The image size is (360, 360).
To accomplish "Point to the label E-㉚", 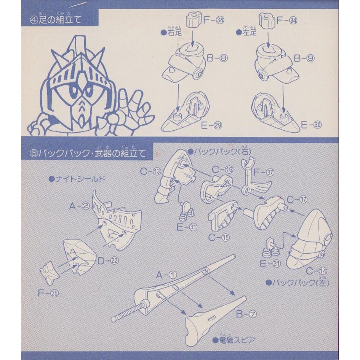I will (309, 124).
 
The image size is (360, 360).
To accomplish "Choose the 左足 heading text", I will (249, 32).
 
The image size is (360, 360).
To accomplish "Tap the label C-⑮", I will (220, 237).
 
